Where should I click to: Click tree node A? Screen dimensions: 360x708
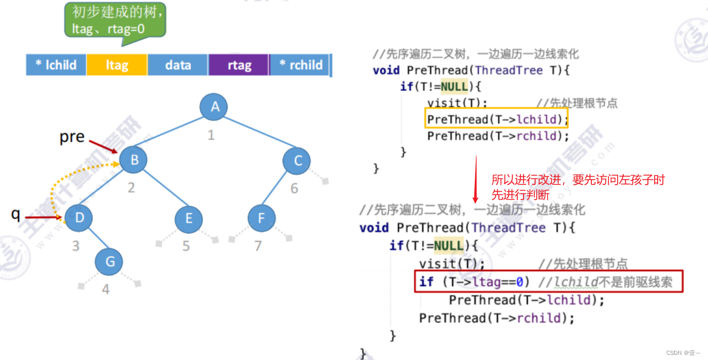coord(215,107)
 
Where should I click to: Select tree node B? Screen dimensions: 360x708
coord(134,160)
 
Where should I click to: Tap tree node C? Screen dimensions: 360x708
coord(297,161)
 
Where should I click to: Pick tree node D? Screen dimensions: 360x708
coord(79,218)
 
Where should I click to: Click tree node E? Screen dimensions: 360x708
coord(189,219)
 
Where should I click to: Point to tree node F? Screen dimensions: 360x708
coord(261,218)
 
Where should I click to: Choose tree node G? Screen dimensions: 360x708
coord(109,261)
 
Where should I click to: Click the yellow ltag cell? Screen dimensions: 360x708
coord(117,65)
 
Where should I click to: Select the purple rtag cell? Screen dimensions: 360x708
coord(239,65)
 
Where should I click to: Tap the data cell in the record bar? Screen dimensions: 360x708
coord(178,65)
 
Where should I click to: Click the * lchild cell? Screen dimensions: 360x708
coord(56,65)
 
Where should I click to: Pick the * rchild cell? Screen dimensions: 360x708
coord(301,65)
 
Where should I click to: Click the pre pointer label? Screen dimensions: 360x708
coord(72,138)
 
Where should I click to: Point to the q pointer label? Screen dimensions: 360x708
coord(16,214)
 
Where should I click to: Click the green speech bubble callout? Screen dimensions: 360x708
coord(115,20)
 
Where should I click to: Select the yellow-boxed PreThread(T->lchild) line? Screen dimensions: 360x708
coord(496,119)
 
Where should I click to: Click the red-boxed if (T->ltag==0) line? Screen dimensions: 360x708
coord(549,281)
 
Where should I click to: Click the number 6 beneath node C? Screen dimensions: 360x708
coord(294,188)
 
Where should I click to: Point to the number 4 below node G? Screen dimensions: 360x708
coord(105,290)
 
